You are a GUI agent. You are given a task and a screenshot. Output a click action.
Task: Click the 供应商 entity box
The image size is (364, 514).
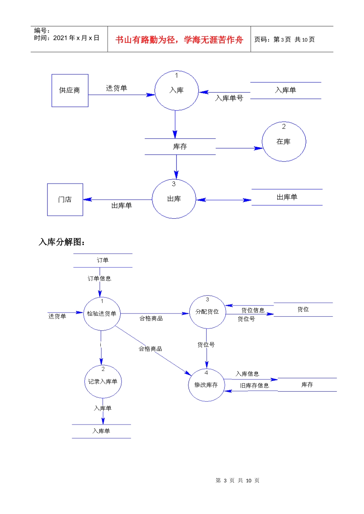coord(70,91)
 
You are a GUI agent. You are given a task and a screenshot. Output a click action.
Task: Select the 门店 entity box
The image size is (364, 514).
coord(65,200)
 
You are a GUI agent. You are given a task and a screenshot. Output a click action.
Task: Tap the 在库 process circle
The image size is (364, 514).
coord(284,142)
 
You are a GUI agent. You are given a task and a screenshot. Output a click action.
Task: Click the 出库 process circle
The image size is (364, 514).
coord(174,199)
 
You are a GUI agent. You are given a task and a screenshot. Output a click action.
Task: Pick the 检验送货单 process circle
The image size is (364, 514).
coord(102,314)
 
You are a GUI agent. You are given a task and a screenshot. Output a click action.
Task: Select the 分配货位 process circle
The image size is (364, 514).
coord(207,312)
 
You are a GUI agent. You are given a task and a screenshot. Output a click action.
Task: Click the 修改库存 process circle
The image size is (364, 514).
coord(206,385)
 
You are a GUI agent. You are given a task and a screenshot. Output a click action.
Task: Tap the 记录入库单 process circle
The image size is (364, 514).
coord(103,382)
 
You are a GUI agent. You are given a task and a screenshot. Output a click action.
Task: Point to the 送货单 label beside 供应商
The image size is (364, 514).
coord(116,88)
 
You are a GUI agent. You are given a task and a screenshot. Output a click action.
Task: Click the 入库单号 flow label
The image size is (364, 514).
coord(229,98)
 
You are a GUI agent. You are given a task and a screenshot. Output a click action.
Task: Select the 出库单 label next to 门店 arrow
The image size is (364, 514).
coord(121,206)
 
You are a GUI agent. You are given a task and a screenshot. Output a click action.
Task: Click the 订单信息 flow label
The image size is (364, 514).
coord(99,278)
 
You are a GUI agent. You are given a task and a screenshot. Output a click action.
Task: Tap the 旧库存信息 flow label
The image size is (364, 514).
coord(254,385)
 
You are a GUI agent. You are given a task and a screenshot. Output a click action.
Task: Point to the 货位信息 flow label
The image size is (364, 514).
coord(253,310)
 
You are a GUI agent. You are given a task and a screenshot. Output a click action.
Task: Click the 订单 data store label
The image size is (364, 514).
coord(103,260)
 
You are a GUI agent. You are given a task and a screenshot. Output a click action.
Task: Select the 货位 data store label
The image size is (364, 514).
coord(303,309)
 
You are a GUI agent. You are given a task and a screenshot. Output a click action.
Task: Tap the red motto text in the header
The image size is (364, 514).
coord(179,40)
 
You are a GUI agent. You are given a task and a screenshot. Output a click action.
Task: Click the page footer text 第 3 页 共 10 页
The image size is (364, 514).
coord(238,480)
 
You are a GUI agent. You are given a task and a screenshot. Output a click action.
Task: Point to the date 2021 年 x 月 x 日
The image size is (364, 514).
coord(76,38)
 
